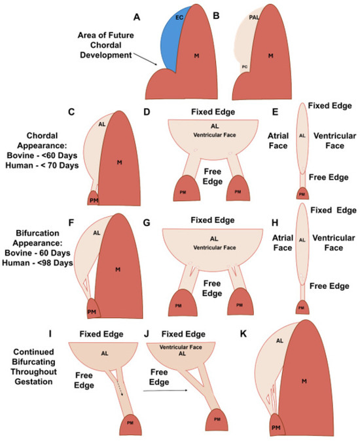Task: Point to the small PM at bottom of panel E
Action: coord(302,194)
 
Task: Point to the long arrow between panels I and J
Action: coord(160,389)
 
